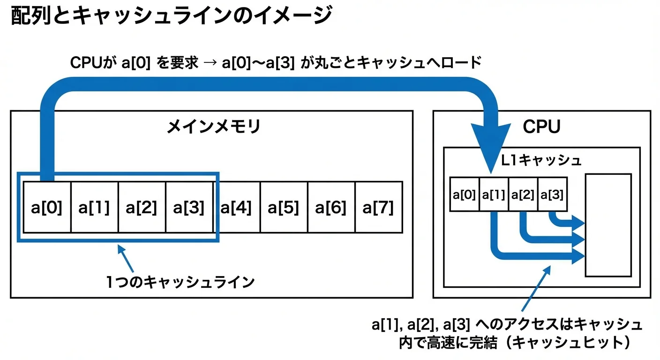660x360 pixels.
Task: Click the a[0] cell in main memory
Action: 47,207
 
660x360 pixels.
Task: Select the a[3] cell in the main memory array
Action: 189,207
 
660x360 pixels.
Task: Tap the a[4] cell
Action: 236,207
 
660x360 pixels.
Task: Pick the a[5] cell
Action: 284,207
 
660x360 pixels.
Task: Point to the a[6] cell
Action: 331,207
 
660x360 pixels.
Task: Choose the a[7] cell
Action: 378,207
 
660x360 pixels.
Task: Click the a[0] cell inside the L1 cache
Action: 464,194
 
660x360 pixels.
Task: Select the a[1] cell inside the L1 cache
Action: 494,194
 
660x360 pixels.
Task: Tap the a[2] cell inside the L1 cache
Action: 523,194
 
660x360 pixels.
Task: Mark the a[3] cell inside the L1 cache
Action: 552,194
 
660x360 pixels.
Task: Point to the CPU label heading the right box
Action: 541,127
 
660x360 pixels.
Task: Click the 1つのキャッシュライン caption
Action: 180,282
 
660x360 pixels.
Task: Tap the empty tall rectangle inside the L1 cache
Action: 608,225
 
